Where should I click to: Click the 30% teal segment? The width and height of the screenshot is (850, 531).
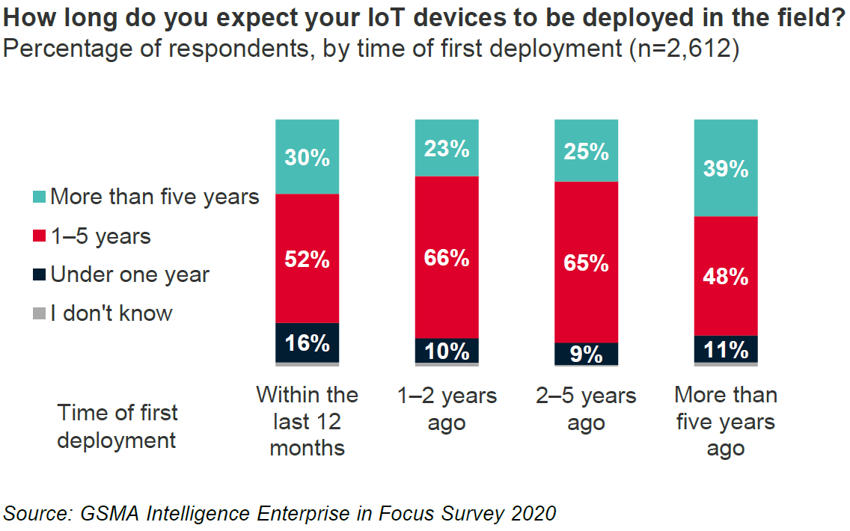coord(308,157)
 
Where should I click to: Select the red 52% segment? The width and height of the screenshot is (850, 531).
coord(308,258)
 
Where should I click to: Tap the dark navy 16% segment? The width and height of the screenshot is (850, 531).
coord(308,343)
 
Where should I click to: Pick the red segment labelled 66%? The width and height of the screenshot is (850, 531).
coord(447,257)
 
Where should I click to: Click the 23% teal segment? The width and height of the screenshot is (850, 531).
coord(447,148)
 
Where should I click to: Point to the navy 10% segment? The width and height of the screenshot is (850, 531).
coord(447,350)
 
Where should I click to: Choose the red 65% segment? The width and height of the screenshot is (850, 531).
coord(586,262)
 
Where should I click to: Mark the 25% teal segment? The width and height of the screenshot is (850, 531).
coord(586,150)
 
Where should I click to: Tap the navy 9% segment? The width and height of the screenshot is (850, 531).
coord(586,353)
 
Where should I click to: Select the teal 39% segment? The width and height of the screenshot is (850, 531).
coord(726,168)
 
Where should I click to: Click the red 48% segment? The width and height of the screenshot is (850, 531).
coord(726,276)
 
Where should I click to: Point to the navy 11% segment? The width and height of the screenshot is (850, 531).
coord(726,349)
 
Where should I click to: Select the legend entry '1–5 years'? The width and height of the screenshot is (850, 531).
coord(101,236)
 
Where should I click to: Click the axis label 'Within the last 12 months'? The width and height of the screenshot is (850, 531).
coord(308,421)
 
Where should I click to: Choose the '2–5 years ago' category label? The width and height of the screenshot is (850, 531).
coord(586,408)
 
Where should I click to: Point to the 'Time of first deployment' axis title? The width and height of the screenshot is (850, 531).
coord(117,426)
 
